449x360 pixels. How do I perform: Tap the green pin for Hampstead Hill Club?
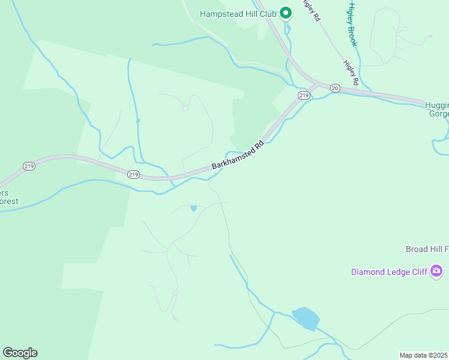coord(286,13)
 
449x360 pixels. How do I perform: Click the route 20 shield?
coord(335,88)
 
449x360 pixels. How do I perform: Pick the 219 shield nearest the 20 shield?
coord(304,96)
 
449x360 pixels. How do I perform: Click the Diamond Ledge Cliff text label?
coord(389,272)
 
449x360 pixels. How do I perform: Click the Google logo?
coord(20,353)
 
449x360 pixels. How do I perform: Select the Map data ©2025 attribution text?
coord(423,355)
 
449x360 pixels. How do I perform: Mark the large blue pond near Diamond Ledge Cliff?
coord(306,318)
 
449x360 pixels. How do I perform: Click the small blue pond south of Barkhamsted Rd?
coord(193,209)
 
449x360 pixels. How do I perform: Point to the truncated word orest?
coord(9,202)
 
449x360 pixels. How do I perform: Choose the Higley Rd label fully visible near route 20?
coord(351,71)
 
